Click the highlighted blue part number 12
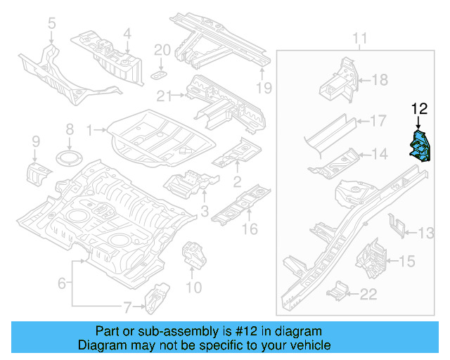[x=420, y=145]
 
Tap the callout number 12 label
[x=419, y=108]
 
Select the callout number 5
[x=51, y=25]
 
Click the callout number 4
[x=127, y=33]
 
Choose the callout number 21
[x=165, y=96]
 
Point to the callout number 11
[x=359, y=37]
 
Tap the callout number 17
[x=378, y=121]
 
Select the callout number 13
[x=427, y=233]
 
